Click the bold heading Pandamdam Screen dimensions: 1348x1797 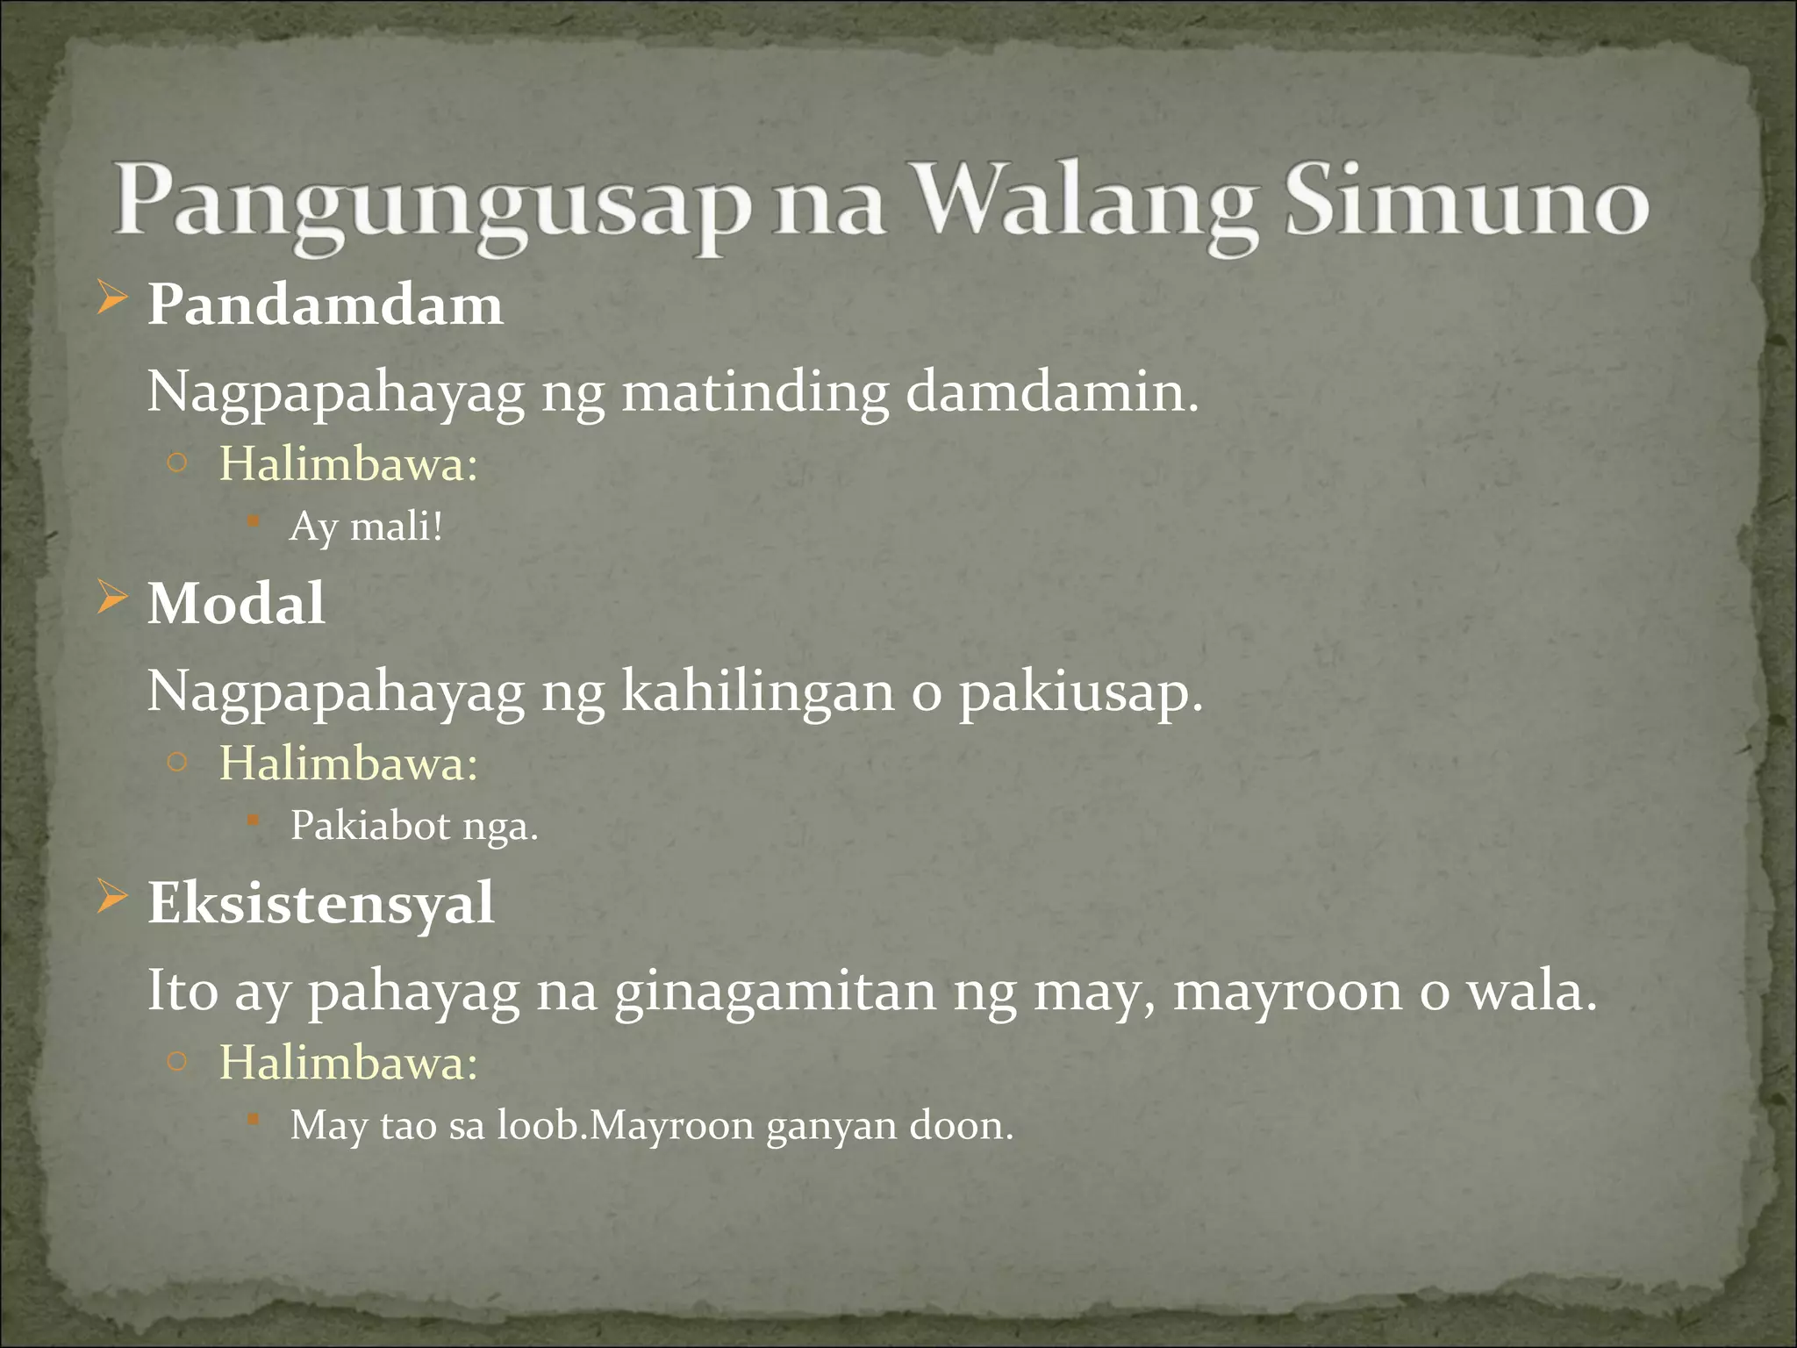326,305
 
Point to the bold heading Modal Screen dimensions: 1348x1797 236,604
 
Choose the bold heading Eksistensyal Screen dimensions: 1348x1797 321,903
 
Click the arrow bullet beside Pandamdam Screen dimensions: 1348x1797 112,299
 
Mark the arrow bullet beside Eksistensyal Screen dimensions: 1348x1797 112,897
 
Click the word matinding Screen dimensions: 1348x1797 755,392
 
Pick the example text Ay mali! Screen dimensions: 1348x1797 367,527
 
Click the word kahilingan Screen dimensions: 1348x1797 758,691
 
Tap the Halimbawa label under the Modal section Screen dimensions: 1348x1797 348,763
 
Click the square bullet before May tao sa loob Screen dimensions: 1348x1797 253,1119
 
